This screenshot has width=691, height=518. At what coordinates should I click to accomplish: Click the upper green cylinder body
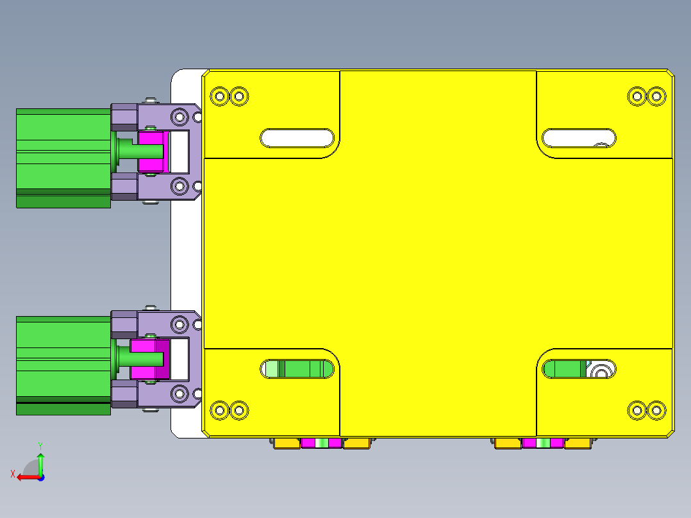[x=63, y=154]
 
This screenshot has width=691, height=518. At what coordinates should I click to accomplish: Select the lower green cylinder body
[x=63, y=362]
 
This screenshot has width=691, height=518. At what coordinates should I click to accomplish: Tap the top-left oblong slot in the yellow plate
[x=297, y=138]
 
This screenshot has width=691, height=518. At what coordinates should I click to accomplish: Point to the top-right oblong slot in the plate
[x=579, y=138]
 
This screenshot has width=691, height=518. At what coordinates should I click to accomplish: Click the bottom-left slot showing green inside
[x=297, y=369]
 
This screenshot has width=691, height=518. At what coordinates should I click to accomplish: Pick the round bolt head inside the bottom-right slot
[x=602, y=371]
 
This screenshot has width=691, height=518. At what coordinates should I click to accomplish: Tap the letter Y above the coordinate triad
[x=40, y=445]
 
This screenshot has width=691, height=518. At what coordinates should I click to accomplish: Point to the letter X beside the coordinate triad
[x=12, y=474]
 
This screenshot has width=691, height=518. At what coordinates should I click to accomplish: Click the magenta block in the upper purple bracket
[x=152, y=151]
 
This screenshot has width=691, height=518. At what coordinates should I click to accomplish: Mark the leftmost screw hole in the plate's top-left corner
[x=220, y=97]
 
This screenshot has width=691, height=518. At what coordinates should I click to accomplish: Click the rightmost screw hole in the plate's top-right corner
[x=656, y=97]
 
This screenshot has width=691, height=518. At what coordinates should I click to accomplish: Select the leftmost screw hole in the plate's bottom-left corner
[x=220, y=410]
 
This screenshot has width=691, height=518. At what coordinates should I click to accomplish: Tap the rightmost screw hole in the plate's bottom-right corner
[x=656, y=410]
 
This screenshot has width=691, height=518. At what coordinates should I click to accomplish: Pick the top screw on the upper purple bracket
[x=151, y=100]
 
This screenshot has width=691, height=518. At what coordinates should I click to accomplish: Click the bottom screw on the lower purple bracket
[x=151, y=410]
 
